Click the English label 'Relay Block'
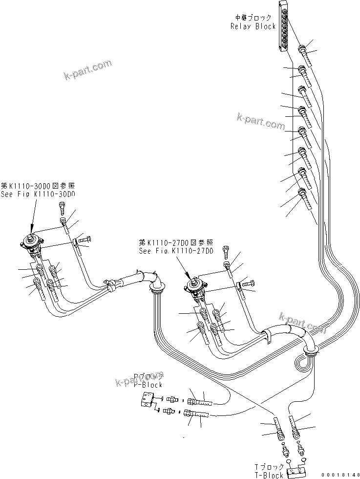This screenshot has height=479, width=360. click(253, 26)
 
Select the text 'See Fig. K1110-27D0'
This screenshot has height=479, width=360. click(176, 251)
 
